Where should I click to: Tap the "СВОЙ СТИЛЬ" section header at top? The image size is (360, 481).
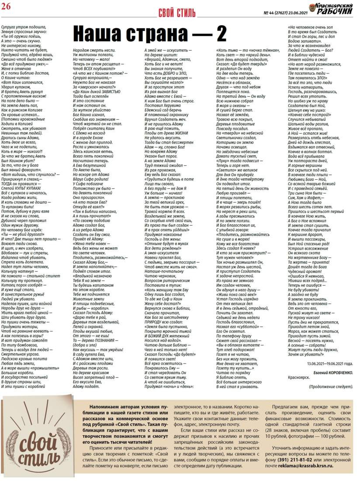177,12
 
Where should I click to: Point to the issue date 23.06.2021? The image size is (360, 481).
295,12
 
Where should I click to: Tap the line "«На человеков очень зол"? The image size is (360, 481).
308,27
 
